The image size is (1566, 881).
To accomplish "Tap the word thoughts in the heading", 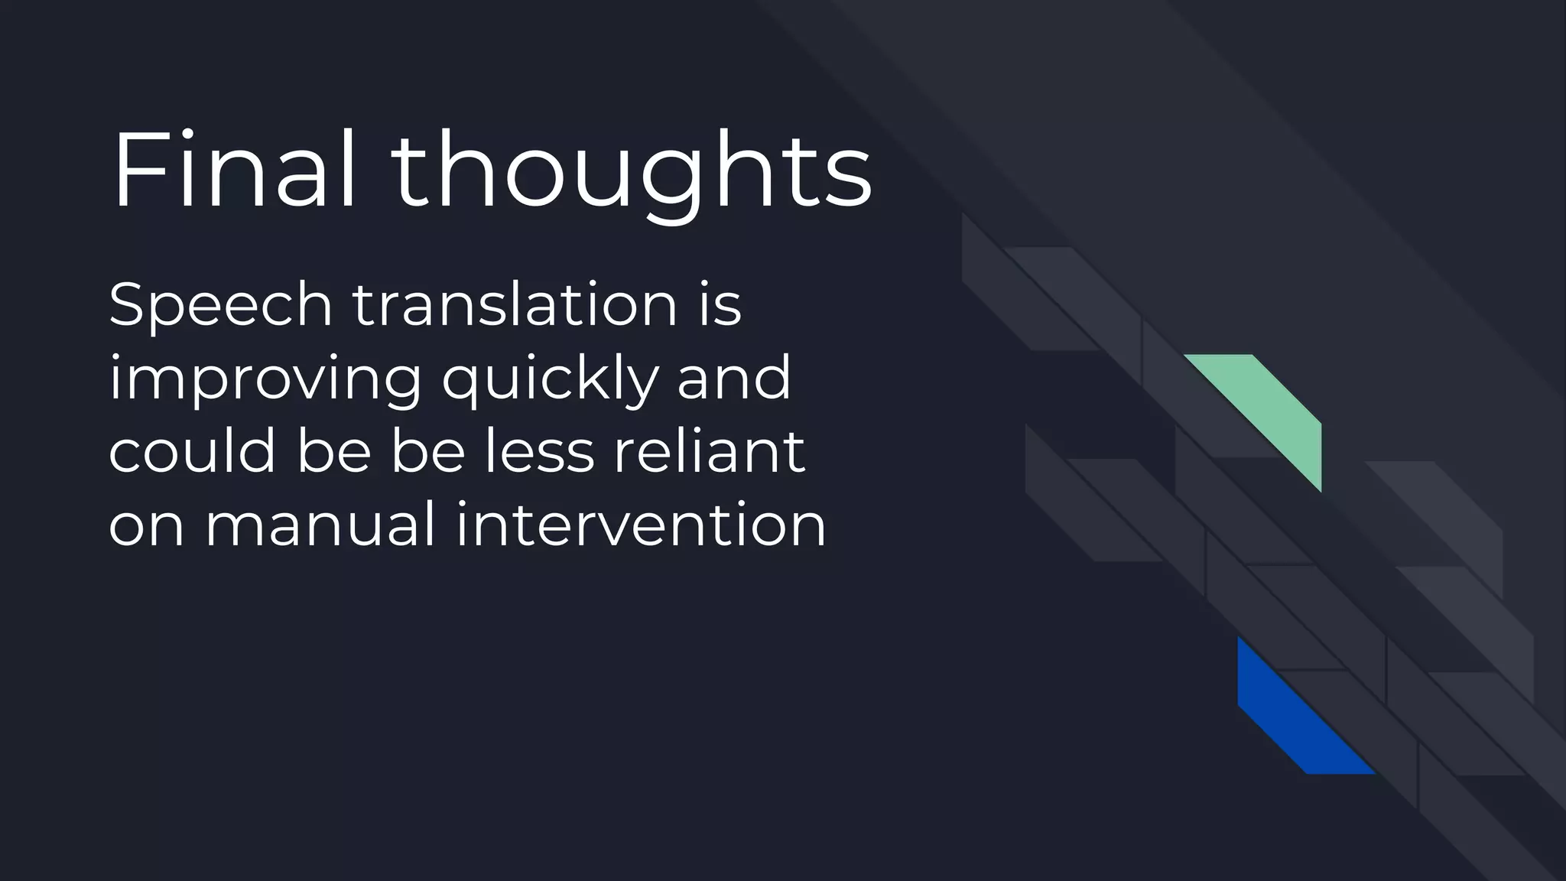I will [632, 172].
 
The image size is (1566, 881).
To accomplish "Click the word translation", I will [515, 305].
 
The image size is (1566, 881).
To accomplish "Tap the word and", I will [733, 379].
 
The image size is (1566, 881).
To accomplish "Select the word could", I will [191, 451].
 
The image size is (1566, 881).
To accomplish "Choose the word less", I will [539, 451].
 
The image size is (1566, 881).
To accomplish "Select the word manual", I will [320, 525].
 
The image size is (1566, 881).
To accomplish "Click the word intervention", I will [641, 525].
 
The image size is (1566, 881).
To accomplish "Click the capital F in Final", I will [135, 170].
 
